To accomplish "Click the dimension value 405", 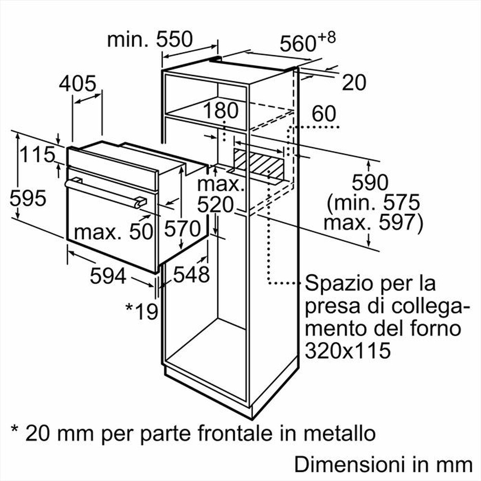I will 78,84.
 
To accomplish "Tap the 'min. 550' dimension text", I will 150,40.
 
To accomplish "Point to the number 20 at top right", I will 354,83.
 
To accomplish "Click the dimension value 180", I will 220,111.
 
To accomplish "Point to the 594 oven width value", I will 108,277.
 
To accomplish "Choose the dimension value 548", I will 191,275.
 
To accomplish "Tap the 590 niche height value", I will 369,183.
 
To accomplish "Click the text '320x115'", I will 347,350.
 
